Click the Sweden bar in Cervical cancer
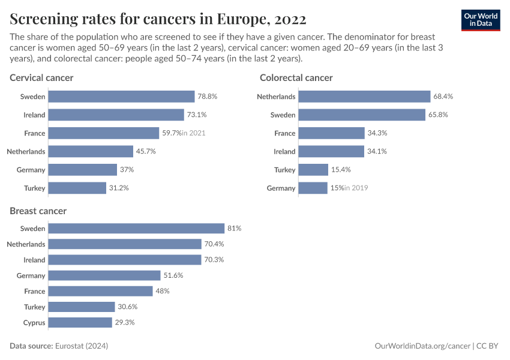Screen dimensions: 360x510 (x=121, y=97)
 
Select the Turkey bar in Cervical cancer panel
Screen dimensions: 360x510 (x=77, y=188)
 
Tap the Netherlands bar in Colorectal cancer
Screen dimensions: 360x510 (x=364, y=97)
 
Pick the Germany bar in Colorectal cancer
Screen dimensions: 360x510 (x=313, y=188)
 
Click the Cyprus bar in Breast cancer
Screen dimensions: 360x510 (x=80, y=322)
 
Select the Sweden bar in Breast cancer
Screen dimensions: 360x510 (x=136, y=229)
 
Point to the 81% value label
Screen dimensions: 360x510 (x=234, y=229)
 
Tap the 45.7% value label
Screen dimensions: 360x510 (x=146, y=151)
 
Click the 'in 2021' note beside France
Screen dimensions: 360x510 (x=193, y=133)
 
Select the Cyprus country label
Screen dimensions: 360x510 (x=34, y=322)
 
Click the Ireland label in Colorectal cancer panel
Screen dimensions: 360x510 (x=284, y=151)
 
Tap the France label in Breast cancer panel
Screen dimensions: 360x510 (x=35, y=291)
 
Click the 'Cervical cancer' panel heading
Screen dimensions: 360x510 (x=41, y=77)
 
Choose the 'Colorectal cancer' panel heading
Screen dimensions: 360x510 (x=296, y=77)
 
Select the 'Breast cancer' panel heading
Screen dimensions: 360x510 (x=38, y=211)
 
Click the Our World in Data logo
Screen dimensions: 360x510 (x=481, y=20)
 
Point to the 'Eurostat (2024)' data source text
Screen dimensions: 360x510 (x=82, y=346)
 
